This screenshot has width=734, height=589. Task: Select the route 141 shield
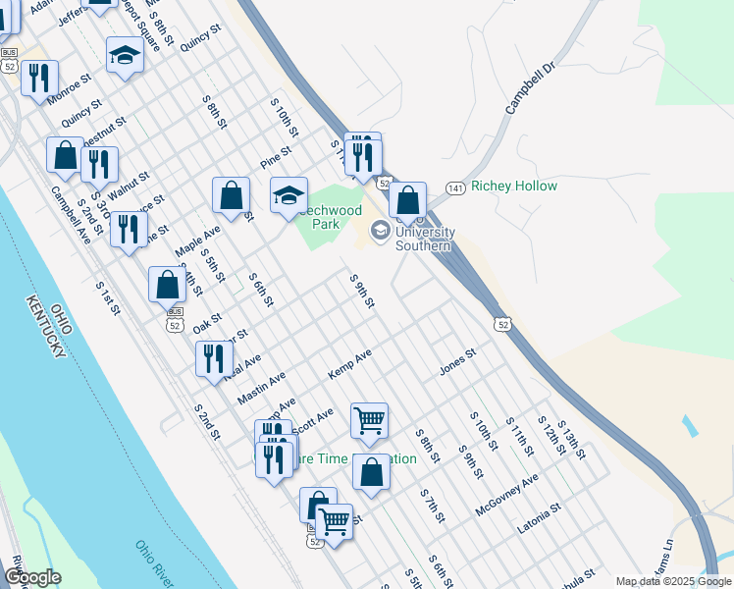(x=454, y=187)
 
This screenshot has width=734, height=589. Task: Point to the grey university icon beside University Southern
(x=380, y=232)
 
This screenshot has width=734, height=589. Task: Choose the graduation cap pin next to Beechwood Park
(x=288, y=195)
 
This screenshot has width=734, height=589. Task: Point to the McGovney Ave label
(x=506, y=496)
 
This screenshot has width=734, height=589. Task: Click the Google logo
(x=32, y=577)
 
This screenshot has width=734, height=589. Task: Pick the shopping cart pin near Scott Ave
(x=369, y=421)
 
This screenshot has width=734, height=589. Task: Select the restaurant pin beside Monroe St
(x=39, y=79)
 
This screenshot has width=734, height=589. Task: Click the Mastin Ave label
(x=261, y=389)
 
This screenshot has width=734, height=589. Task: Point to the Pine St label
(x=276, y=157)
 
